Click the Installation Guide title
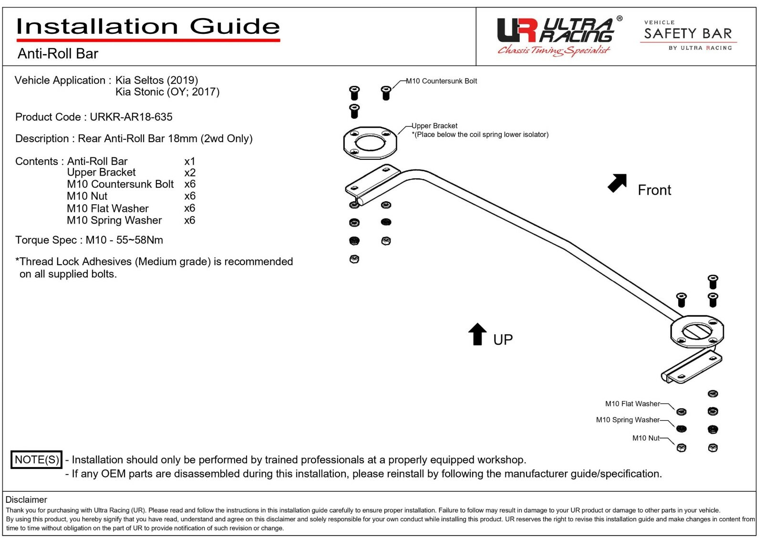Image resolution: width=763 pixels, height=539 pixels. (x=148, y=27)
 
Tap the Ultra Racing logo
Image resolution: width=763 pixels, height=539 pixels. (x=556, y=36)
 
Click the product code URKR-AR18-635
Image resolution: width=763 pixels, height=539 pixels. (x=131, y=117)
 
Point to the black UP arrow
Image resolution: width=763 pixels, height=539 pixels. (x=477, y=334)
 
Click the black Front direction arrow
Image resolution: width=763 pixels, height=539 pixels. (x=617, y=183)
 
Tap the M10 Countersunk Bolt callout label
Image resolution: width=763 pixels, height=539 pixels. (x=441, y=81)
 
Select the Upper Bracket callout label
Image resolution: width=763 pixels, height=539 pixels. (x=434, y=126)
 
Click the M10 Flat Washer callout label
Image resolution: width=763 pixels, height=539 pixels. (x=632, y=404)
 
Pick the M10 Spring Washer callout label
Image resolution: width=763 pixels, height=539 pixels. (x=628, y=420)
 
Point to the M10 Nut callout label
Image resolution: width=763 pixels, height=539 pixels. (x=646, y=438)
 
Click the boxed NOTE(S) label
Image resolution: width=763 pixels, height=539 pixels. (x=37, y=460)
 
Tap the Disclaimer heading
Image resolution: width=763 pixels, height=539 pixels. (x=26, y=499)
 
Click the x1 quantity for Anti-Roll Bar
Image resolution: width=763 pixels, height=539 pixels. (x=190, y=161)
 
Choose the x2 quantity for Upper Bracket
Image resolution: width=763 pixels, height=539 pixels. (x=190, y=172)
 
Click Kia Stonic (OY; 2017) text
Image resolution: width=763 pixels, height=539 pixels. (x=167, y=92)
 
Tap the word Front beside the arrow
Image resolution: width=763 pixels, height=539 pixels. (x=654, y=190)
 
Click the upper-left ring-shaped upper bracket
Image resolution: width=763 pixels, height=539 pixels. (x=370, y=142)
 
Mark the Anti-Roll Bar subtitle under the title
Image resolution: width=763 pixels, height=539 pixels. (x=58, y=53)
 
